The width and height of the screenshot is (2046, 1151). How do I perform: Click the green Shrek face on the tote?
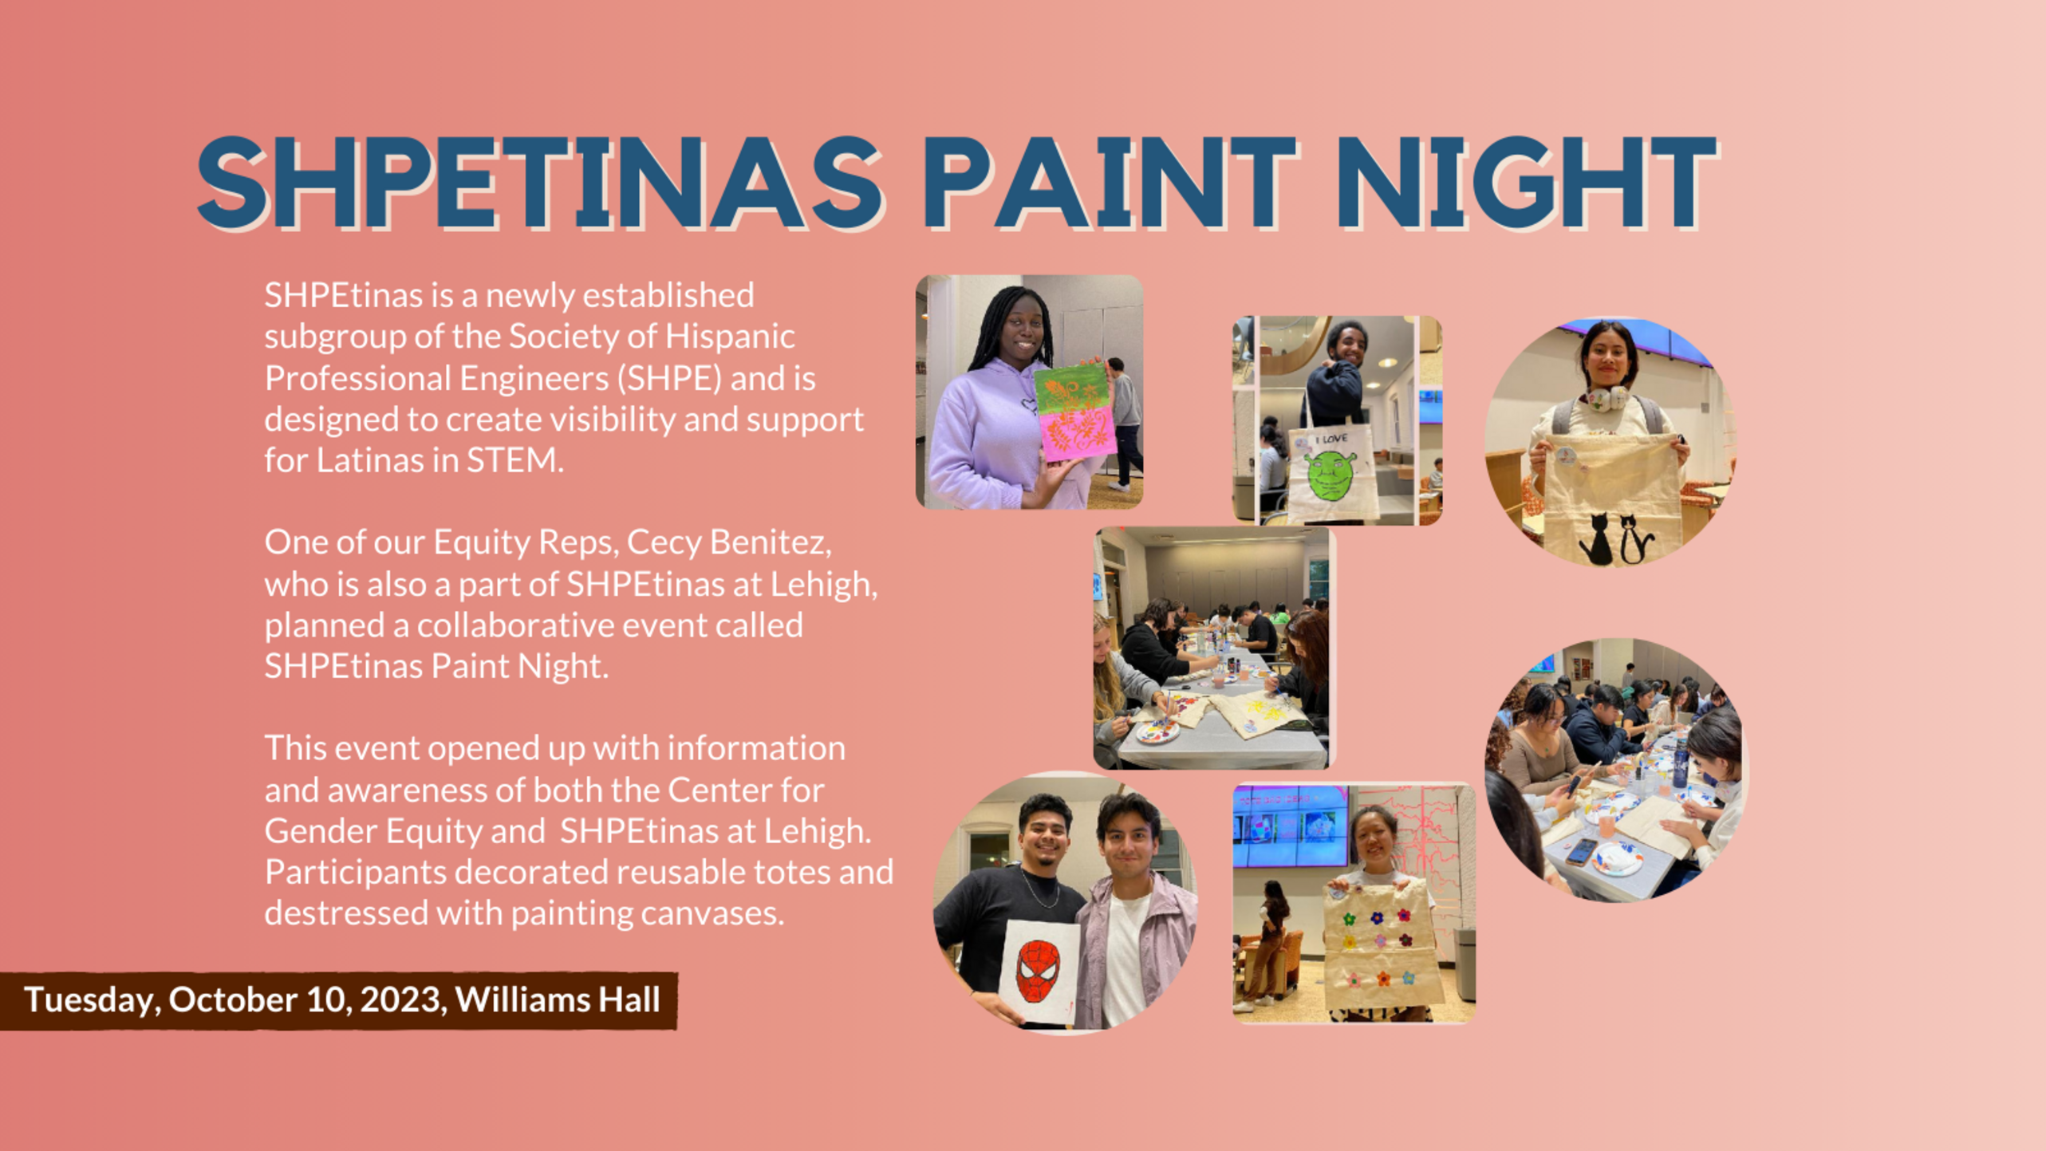[x=1329, y=476]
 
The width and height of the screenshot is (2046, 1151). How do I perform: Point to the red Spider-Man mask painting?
[x=1038, y=971]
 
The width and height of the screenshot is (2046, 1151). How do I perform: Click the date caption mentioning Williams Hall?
[x=342, y=1000]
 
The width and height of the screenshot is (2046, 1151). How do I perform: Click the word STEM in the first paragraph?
[x=514, y=460]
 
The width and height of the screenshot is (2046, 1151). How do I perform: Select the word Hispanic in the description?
[x=730, y=337]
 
